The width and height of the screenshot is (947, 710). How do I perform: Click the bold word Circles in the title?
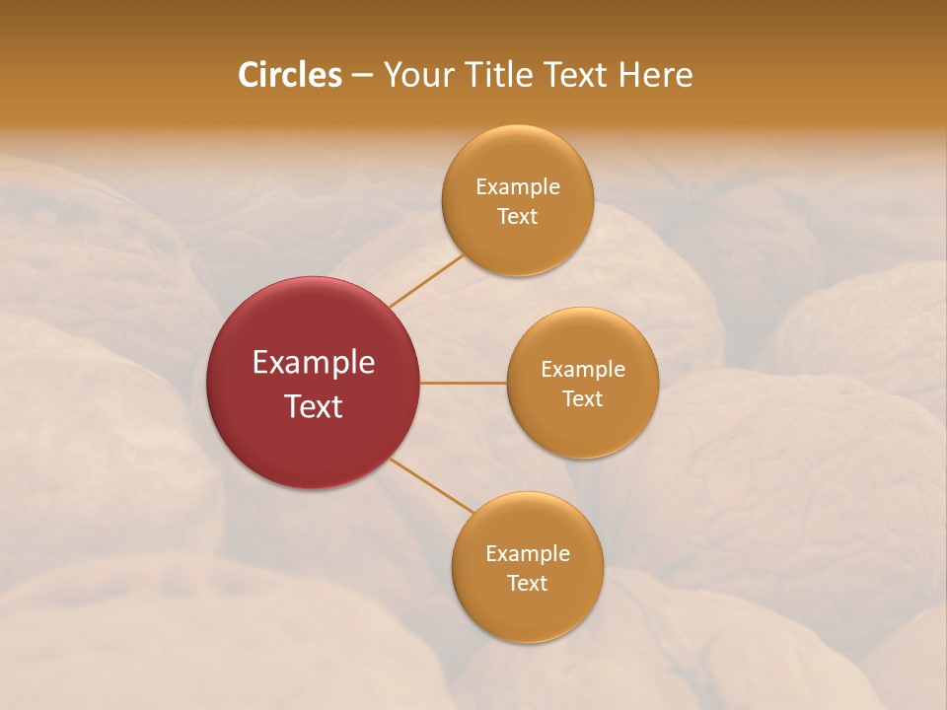[290, 75]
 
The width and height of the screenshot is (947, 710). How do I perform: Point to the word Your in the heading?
[416, 75]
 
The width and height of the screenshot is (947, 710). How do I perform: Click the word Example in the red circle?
[314, 363]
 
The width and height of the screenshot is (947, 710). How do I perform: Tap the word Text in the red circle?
[314, 406]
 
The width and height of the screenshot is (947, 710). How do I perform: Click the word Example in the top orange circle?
[518, 186]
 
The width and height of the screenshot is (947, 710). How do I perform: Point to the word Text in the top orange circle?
[518, 216]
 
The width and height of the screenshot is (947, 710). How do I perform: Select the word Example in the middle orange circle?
[583, 369]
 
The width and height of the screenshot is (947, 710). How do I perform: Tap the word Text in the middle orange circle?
[583, 398]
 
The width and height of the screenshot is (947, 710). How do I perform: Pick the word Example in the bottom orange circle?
[528, 553]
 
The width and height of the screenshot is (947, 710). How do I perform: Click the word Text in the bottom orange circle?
[528, 583]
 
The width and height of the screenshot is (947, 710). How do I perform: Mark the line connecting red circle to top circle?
[426, 280]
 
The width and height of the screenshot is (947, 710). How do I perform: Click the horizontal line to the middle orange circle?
[464, 383]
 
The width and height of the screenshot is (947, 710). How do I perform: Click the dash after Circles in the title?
[362, 75]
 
